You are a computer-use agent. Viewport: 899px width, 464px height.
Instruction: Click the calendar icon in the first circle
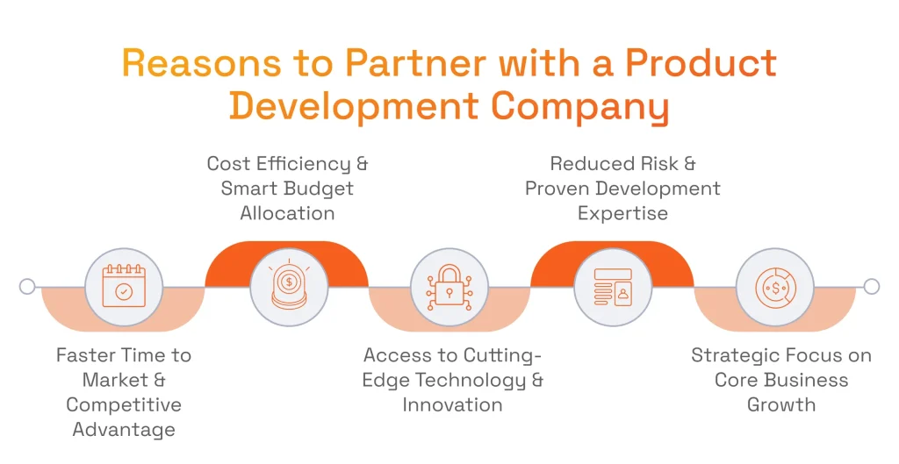click(124, 287)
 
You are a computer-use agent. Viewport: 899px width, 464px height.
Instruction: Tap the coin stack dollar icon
click(287, 287)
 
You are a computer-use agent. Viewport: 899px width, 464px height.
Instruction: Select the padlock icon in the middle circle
click(449, 287)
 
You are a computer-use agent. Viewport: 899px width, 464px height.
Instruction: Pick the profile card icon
click(612, 287)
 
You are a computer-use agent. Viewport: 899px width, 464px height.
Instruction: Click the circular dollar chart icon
click(774, 287)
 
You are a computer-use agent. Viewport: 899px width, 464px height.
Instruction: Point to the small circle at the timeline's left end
click(27, 287)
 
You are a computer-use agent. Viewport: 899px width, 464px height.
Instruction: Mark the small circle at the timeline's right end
click(871, 287)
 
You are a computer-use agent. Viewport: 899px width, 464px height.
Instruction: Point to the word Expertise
click(622, 213)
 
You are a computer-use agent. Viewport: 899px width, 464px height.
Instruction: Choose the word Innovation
click(452, 405)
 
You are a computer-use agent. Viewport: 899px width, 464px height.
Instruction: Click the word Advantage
click(124, 430)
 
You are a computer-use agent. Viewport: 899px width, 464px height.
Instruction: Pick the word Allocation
click(287, 213)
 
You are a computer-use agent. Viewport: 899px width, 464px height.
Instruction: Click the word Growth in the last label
click(781, 405)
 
